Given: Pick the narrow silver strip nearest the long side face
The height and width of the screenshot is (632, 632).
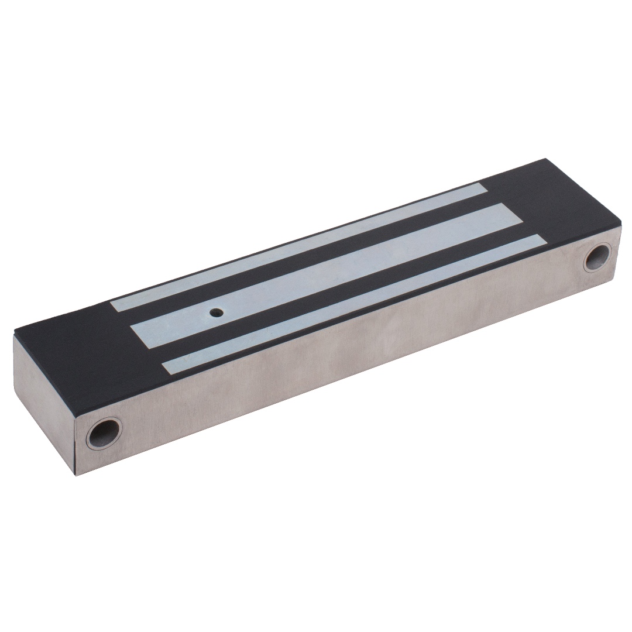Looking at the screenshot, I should (351, 304).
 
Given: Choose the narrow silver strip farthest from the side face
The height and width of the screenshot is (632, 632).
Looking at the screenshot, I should (298, 246).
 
